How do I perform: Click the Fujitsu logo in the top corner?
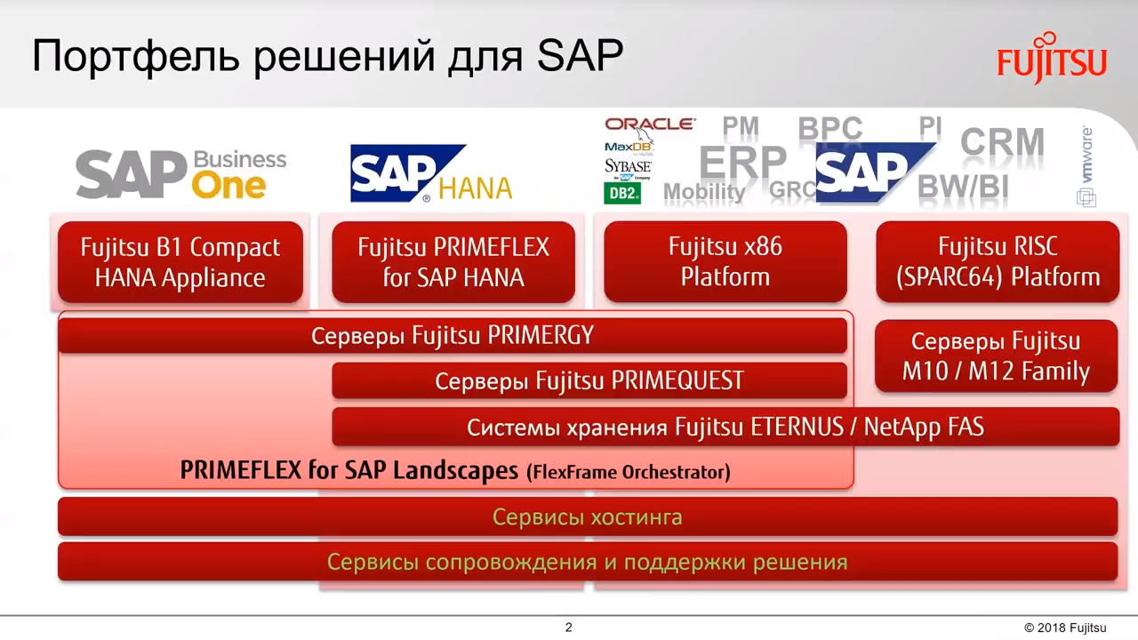coord(1052,58)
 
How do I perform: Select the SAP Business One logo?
coord(181,173)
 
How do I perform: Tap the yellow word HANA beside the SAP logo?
coord(476,188)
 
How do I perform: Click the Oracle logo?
coord(650,124)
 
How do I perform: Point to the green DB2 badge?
coord(622,193)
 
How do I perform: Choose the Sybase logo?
coord(628,166)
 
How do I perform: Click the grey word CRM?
coord(1002,141)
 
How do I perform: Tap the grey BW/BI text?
coord(963,187)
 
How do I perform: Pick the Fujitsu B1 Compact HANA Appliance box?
coord(180,262)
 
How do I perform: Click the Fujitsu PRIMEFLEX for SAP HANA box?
coord(453,262)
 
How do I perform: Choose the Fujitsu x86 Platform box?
coord(725,261)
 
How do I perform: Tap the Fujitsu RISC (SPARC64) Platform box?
coord(998,261)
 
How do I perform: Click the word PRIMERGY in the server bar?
coord(541,335)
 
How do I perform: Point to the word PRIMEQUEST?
coord(677,380)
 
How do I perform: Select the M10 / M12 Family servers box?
coord(997,356)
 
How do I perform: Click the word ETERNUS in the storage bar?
coord(797,427)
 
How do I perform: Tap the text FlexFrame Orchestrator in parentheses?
coord(629,472)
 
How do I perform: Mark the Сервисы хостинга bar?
coord(588,516)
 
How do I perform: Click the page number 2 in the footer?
coord(568,628)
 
